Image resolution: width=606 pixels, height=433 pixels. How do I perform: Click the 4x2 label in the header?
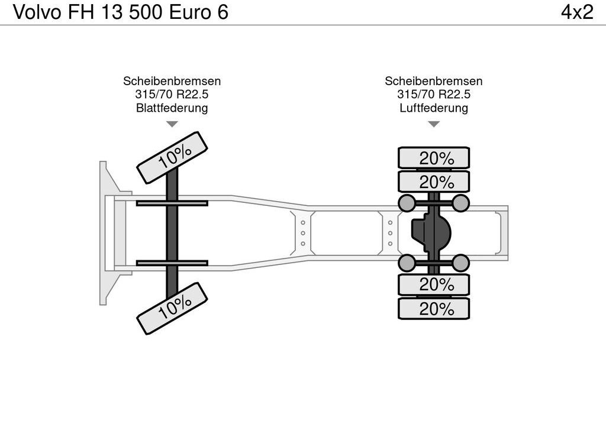tap(577, 12)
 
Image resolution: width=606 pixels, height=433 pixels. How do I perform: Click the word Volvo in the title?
tap(37, 12)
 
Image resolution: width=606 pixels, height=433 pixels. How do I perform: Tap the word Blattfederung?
tap(172, 108)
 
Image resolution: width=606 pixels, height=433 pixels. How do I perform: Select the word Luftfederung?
tap(434, 108)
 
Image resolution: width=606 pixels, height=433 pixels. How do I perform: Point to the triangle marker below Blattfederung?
tap(172, 124)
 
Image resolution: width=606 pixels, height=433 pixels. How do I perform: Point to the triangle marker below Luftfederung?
tap(434, 124)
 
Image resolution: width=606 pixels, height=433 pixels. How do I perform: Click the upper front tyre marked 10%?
tap(172, 157)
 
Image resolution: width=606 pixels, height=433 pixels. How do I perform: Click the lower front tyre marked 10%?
tap(172, 308)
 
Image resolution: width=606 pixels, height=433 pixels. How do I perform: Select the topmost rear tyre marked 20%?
tap(434, 157)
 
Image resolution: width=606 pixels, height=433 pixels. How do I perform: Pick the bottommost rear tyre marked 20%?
tap(434, 308)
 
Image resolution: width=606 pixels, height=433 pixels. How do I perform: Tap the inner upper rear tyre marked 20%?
tap(434, 182)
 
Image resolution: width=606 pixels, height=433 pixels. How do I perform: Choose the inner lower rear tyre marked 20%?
tap(434, 285)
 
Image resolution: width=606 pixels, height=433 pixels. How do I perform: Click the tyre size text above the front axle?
tap(172, 94)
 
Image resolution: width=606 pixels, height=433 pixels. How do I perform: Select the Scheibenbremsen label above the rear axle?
tap(434, 81)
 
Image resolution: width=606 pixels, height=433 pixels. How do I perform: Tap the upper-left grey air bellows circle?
tap(407, 203)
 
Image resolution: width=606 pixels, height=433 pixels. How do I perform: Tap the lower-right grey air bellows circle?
tap(460, 263)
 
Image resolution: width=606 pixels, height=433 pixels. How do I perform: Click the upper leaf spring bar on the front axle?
tap(172, 203)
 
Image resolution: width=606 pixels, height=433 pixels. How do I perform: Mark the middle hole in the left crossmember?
tap(303, 233)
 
